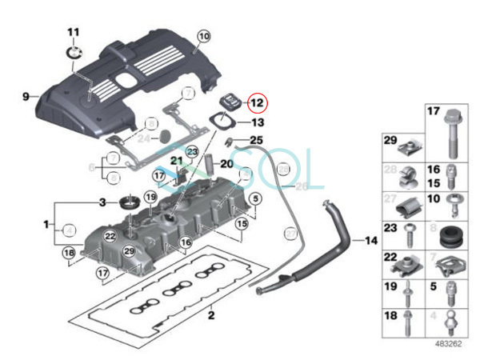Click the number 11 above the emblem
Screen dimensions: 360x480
point(73,32)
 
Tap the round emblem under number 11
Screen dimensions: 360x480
point(74,51)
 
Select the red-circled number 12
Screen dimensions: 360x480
point(257,103)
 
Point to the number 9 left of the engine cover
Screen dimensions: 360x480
point(26,96)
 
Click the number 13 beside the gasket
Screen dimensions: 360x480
point(257,123)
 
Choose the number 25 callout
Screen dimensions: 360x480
point(256,141)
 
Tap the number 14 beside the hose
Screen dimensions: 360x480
point(370,240)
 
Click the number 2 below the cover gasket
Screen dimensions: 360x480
point(211,315)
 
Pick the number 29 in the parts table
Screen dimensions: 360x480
point(390,142)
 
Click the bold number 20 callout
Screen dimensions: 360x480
point(226,164)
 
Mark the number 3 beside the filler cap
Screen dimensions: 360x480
point(102,201)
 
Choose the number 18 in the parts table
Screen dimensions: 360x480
point(390,317)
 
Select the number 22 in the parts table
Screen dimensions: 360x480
point(390,258)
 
